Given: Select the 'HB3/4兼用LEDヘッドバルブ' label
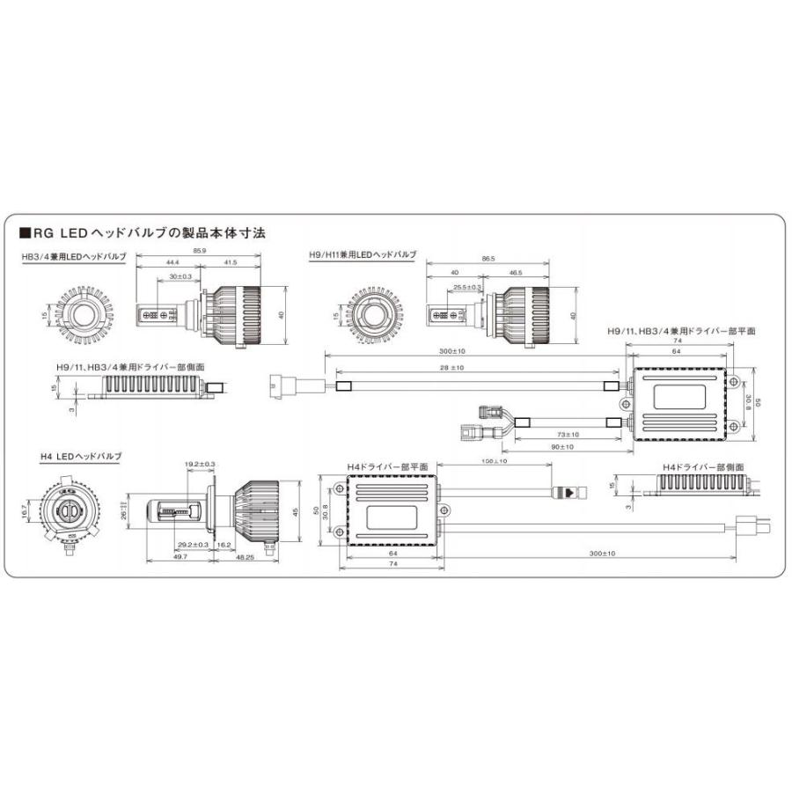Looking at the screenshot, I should coord(74,256).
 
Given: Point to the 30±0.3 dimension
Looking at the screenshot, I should coord(180,277).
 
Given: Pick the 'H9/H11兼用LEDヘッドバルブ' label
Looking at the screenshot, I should coord(363,254).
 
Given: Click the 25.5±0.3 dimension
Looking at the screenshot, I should coord(467,287).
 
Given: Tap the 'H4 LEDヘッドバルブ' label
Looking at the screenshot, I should coord(80,457).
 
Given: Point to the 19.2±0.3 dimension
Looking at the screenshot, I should coord(200,464).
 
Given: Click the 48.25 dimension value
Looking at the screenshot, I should coord(243,557).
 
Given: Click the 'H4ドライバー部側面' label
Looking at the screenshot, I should coord(706,466).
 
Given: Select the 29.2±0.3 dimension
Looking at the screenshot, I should coord(192,546).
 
